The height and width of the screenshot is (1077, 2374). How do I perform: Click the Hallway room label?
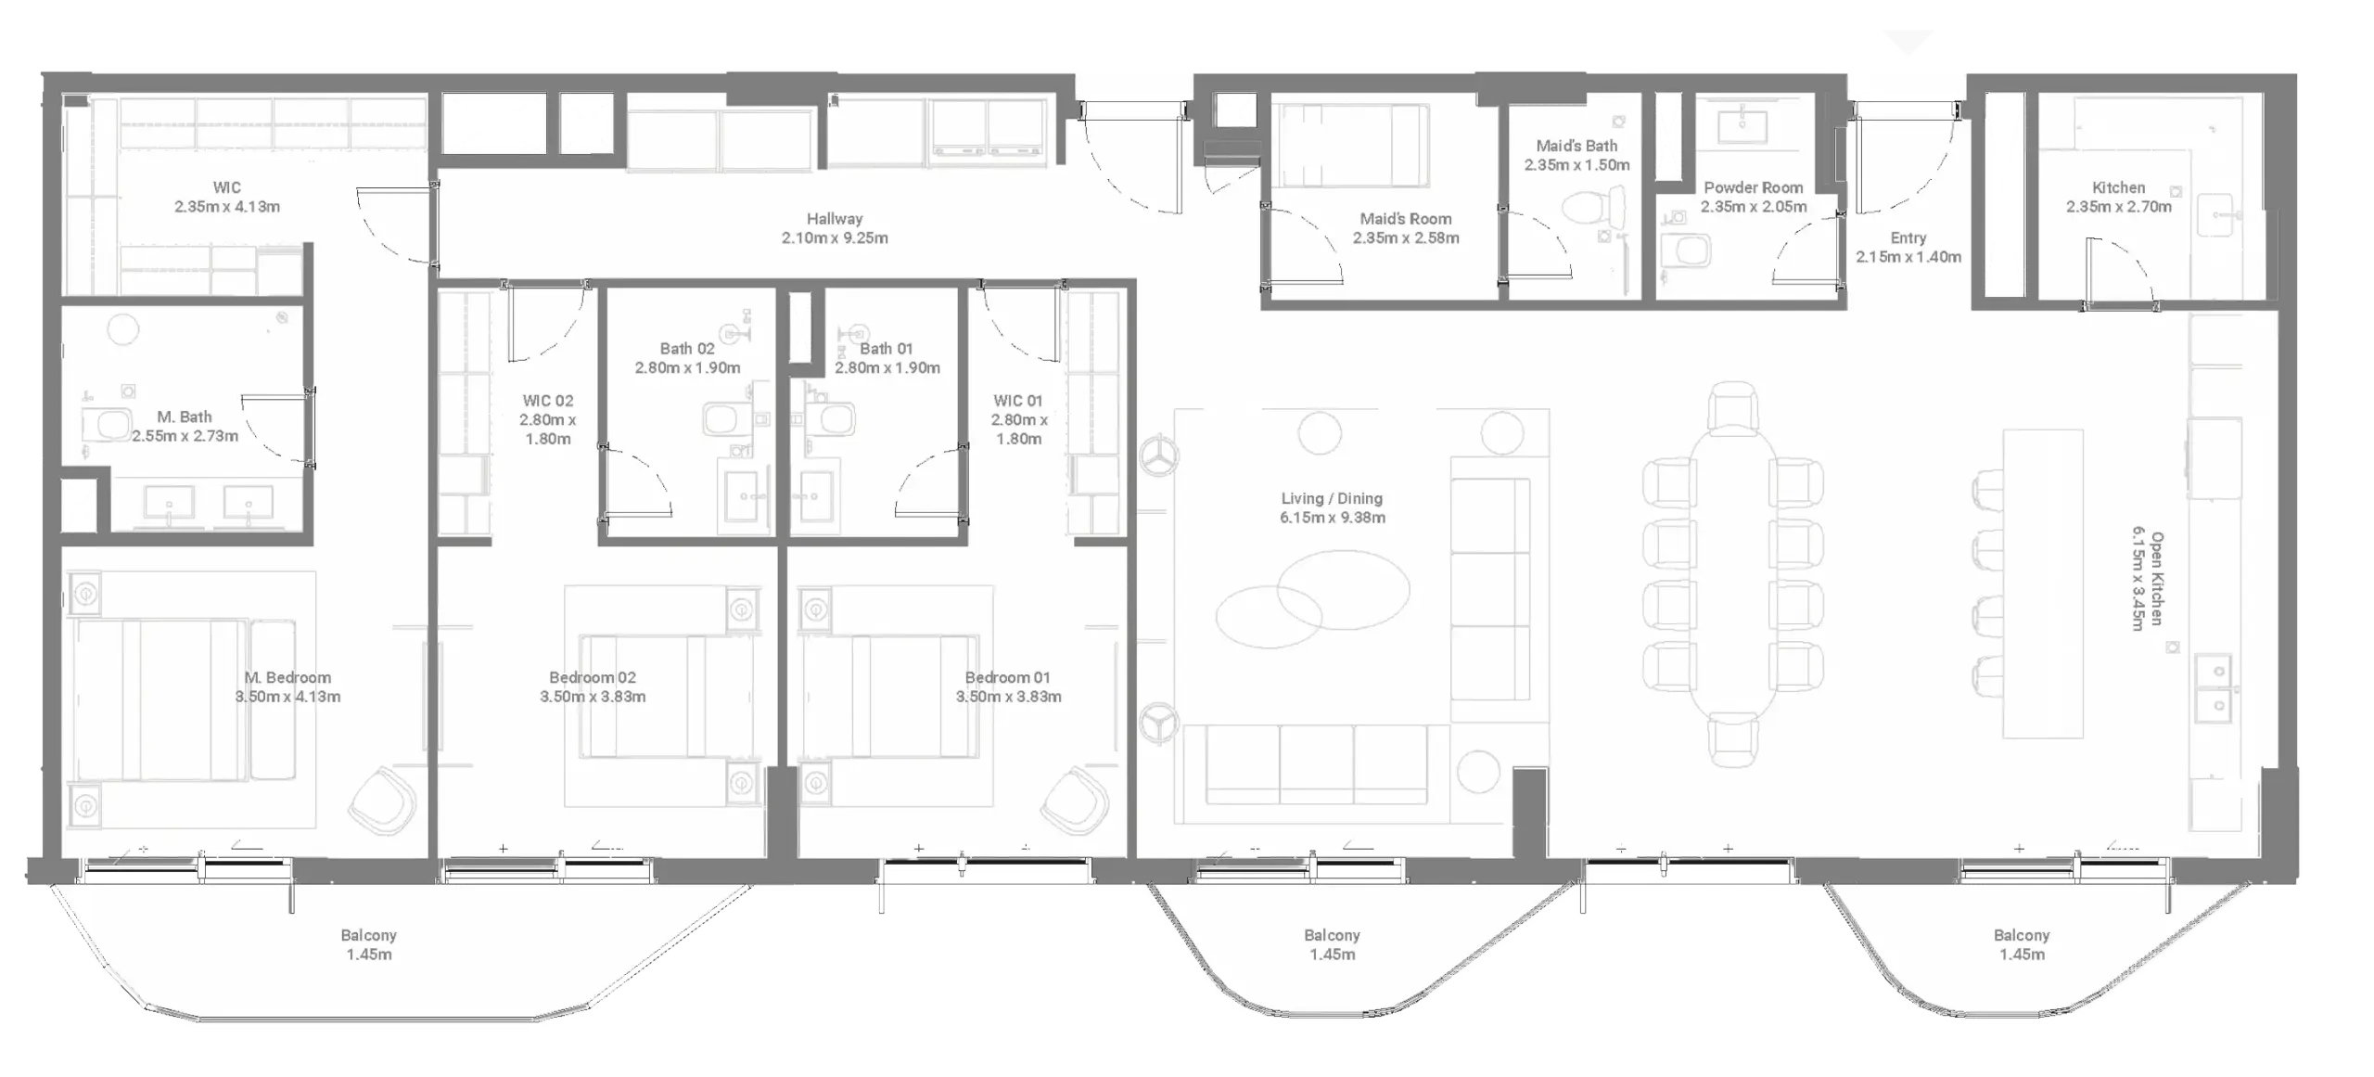(x=834, y=219)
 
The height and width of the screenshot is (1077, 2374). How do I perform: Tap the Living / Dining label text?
(x=1332, y=498)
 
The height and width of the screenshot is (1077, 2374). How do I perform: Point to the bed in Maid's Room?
(x=1350, y=146)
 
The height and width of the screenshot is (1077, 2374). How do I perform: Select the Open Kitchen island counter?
(x=2042, y=583)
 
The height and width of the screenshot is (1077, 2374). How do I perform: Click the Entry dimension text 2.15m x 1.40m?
(x=1908, y=257)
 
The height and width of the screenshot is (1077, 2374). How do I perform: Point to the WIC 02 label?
(x=547, y=401)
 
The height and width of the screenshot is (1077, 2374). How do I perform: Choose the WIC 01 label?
(x=1017, y=401)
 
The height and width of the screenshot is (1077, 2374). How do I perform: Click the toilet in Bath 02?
(x=724, y=419)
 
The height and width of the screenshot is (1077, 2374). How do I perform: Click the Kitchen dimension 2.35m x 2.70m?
(x=2118, y=207)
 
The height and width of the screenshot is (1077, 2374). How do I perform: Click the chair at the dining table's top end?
(x=1732, y=407)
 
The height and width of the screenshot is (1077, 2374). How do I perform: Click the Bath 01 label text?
(x=886, y=349)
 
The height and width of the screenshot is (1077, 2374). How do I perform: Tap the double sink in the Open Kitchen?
(x=2215, y=687)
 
